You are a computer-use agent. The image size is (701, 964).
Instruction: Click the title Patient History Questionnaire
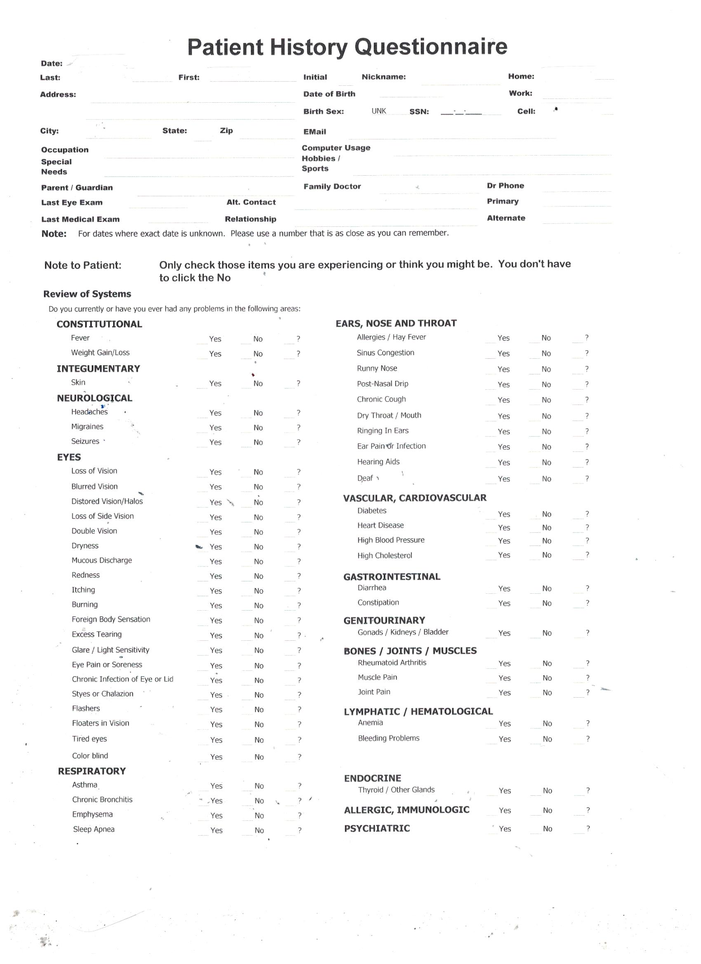click(x=347, y=47)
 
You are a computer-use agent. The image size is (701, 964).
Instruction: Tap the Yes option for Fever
click(x=215, y=339)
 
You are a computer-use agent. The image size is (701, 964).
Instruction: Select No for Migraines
click(x=258, y=428)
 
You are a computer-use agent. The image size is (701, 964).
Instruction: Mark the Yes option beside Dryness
click(x=216, y=547)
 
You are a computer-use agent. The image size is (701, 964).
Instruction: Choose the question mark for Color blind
click(x=299, y=757)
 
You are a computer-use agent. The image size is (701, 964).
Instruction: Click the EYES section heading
click(x=69, y=457)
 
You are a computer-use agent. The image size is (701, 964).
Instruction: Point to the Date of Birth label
click(x=329, y=94)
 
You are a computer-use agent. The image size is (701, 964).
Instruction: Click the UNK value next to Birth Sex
click(x=379, y=111)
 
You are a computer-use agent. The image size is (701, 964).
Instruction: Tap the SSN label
click(x=419, y=112)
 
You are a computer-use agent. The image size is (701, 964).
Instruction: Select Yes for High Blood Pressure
click(x=504, y=541)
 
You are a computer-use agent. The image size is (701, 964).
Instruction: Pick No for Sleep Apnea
click(x=259, y=830)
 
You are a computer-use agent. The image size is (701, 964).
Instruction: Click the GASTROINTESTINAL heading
click(x=391, y=577)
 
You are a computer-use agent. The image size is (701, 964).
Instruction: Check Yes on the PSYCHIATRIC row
click(x=505, y=828)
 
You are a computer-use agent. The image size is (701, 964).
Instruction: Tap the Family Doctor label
click(x=332, y=186)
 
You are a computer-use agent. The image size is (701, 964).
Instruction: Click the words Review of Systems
click(x=87, y=294)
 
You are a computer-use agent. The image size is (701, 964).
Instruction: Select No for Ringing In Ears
click(x=546, y=431)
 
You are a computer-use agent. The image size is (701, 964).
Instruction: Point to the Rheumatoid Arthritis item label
click(x=391, y=662)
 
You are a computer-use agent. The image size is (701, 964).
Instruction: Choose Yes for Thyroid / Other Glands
click(x=505, y=790)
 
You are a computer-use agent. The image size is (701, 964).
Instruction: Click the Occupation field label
click(x=65, y=150)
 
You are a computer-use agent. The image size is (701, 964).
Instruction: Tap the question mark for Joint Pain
click(x=588, y=692)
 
